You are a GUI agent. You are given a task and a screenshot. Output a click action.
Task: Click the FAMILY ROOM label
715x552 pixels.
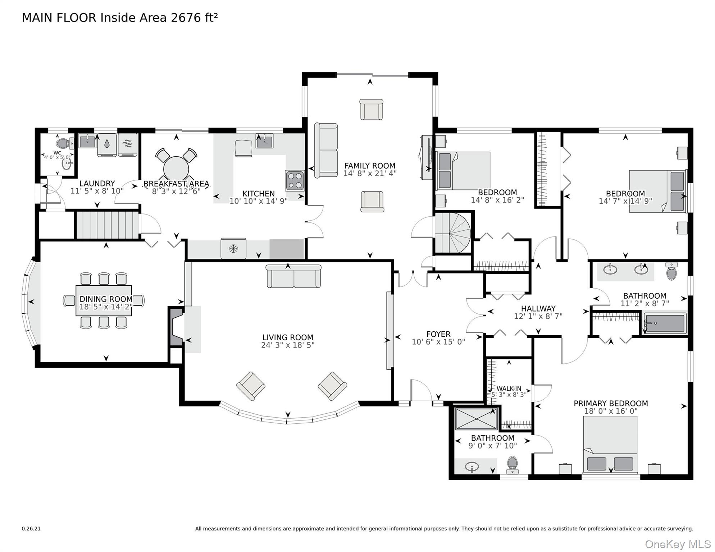click(370, 166)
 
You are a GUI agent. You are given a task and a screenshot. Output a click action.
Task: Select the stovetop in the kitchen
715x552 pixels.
click(295, 180)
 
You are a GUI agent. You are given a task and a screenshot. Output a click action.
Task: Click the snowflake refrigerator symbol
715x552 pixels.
click(233, 248)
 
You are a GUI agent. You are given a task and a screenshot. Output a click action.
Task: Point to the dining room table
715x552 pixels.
click(104, 300)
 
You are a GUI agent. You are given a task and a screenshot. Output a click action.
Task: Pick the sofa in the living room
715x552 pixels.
click(293, 276)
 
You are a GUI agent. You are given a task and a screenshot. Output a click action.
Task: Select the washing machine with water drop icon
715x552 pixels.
click(107, 144)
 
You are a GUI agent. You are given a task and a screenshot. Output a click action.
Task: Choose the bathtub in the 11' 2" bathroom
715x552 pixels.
click(665, 323)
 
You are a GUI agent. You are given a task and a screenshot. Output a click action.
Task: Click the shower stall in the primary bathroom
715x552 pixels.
click(476, 418)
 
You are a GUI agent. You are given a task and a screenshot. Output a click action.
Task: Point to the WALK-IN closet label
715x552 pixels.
click(509, 388)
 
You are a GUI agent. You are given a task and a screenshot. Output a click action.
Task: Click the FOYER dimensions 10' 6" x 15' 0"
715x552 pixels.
click(438, 342)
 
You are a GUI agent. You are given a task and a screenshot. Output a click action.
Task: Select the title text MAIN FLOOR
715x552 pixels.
click(59, 18)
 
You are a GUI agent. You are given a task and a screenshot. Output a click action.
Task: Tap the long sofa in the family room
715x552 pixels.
click(326, 150)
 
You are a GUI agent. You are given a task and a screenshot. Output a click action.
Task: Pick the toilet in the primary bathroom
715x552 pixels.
click(512, 465)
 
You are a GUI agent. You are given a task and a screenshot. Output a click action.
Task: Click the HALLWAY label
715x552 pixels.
click(538, 308)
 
